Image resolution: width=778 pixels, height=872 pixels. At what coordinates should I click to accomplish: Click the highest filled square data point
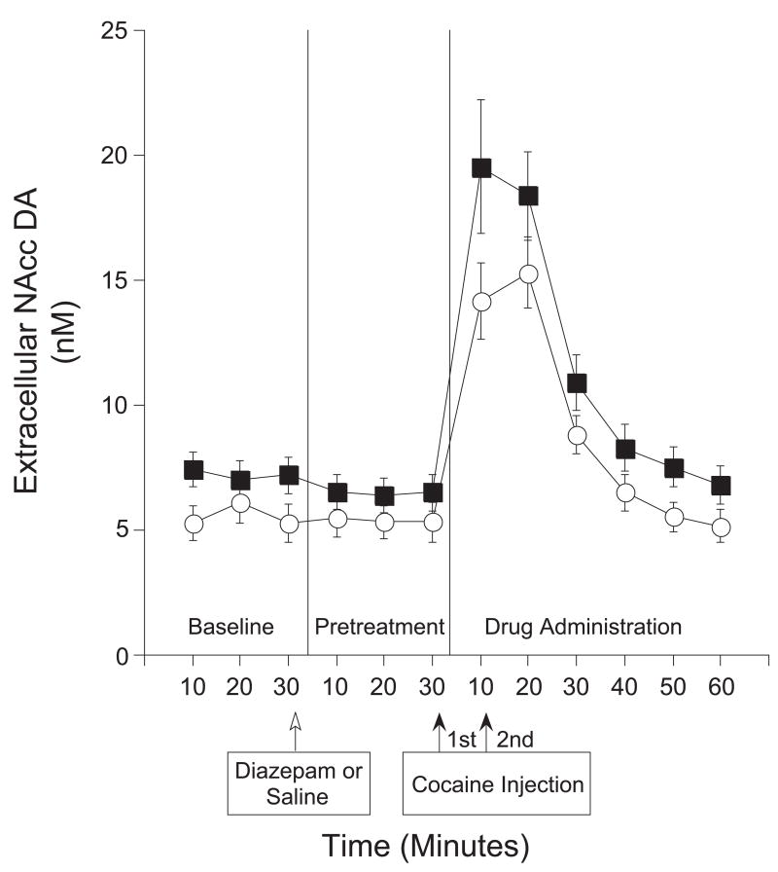[480, 167]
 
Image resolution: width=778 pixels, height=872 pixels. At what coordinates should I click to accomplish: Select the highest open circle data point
[527, 274]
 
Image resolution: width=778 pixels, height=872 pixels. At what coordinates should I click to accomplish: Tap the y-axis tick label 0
[122, 655]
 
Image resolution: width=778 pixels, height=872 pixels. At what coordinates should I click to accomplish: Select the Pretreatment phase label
[378, 625]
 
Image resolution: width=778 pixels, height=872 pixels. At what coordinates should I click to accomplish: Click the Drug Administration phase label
[583, 625]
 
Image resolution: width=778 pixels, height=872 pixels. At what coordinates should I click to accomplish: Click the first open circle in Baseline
[194, 524]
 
